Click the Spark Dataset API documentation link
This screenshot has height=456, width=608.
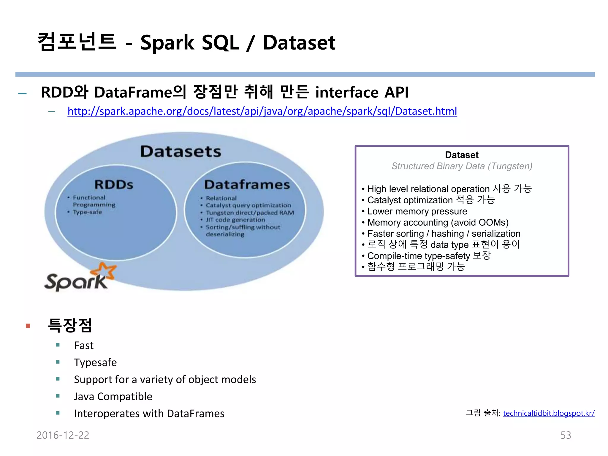tap(262, 111)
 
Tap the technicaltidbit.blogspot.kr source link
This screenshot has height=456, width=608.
tap(549, 413)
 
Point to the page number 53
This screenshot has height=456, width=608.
tap(566, 435)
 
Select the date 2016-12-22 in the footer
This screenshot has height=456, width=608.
tap(63, 435)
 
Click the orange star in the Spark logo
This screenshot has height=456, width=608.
tap(104, 270)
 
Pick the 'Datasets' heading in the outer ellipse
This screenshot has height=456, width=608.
tap(181, 151)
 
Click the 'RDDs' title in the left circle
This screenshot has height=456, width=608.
tap(114, 184)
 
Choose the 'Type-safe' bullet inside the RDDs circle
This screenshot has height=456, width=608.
tap(87, 212)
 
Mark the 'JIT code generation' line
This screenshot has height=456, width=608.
tap(235, 220)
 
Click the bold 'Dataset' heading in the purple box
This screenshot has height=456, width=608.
tap(462, 155)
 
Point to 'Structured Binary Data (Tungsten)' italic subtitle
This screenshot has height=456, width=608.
tap(462, 166)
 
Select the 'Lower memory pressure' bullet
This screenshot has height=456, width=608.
tap(417, 211)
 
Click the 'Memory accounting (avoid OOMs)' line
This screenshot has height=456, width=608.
tap(438, 222)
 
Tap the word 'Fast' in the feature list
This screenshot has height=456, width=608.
tap(84, 346)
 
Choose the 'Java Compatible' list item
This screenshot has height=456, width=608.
tap(113, 397)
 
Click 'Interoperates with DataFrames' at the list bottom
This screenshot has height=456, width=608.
tap(149, 414)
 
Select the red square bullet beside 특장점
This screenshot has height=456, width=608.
tap(28, 326)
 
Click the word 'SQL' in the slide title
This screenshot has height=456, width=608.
tap(220, 42)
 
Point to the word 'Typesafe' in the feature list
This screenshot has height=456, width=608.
tap(95, 362)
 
